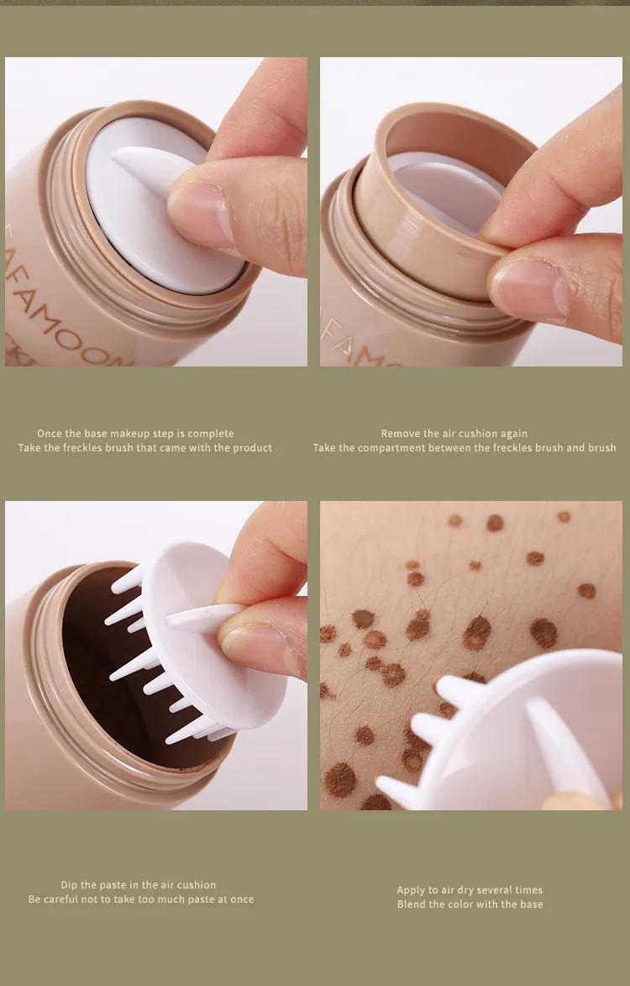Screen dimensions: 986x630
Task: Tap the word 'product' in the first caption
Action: point(253,448)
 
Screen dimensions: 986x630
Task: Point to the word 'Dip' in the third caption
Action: point(69,885)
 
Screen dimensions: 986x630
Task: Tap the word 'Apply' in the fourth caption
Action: point(411,890)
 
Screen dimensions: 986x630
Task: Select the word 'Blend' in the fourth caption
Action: point(412,904)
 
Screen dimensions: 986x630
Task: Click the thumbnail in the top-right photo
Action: point(529,290)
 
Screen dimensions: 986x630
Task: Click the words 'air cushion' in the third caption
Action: point(185,885)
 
